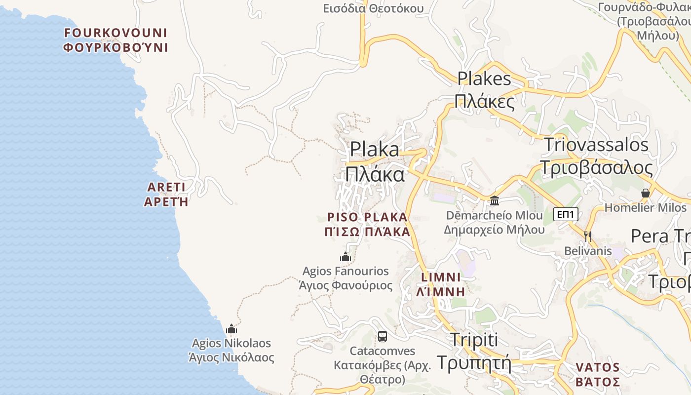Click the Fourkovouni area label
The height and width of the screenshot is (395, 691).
[116, 40]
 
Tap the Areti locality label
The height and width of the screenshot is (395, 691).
[166, 194]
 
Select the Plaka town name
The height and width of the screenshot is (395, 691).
[375, 161]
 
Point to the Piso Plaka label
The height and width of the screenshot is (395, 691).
[368, 224]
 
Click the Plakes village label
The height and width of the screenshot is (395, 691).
[484, 89]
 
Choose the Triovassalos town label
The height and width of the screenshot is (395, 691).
[596, 156]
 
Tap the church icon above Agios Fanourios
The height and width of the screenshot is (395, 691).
[345, 257]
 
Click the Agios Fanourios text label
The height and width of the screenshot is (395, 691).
[345, 278]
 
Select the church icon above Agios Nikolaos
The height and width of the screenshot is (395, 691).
[231, 329]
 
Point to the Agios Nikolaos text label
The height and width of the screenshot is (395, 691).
[231, 350]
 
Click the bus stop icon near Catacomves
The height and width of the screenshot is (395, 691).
[383, 336]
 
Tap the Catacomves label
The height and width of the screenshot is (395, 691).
[383, 365]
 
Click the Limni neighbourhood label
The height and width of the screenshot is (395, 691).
[441, 284]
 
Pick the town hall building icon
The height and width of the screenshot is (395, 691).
[495, 200]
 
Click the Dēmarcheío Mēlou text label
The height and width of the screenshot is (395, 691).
[494, 222]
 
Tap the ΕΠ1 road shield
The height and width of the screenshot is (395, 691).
[566, 214]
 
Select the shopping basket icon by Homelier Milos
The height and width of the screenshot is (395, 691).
[646, 193]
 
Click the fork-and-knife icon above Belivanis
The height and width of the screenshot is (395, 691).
[587, 236]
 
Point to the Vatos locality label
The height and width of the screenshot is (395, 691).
[598, 374]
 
